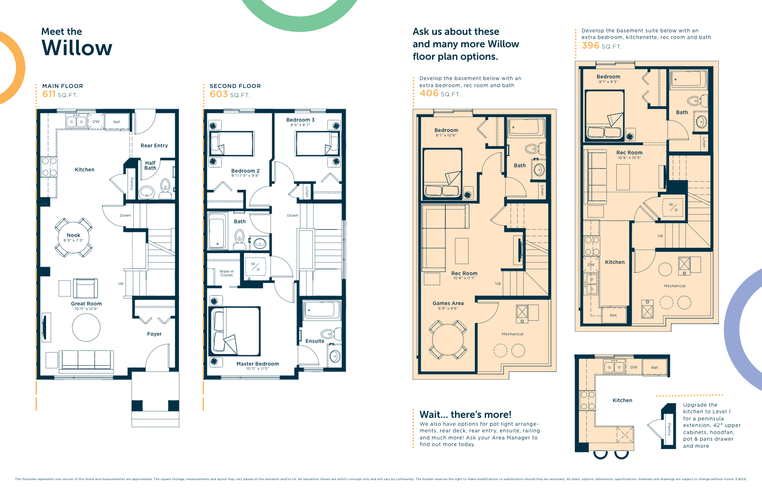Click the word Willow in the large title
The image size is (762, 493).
pyautogui.click(x=77, y=48)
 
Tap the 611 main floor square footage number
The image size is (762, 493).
pyautogui.click(x=49, y=94)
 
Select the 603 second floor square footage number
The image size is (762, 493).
pyautogui.click(x=219, y=94)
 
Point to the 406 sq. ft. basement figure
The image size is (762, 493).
pyautogui.click(x=429, y=93)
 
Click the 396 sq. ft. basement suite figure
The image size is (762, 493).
pyautogui.click(x=591, y=46)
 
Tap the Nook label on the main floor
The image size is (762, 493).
pyautogui.click(x=73, y=235)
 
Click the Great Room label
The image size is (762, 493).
pyautogui.click(x=86, y=303)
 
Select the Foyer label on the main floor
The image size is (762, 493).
pyautogui.click(x=154, y=334)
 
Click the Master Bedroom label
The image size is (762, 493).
pyautogui.click(x=257, y=364)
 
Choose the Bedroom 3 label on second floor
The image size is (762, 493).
pyautogui.click(x=300, y=120)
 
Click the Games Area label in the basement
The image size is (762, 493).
pyautogui.click(x=448, y=303)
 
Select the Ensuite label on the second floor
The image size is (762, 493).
pyautogui.click(x=315, y=341)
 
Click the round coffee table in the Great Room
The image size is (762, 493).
pyautogui.click(x=86, y=327)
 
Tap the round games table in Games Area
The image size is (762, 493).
pyautogui.click(x=448, y=339)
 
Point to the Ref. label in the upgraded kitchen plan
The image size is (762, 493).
pyautogui.click(x=655, y=368)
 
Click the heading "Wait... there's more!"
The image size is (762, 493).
pyautogui.click(x=465, y=414)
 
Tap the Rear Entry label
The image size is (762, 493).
pyautogui.click(x=154, y=146)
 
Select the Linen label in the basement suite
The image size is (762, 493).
pyautogui.click(x=704, y=142)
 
